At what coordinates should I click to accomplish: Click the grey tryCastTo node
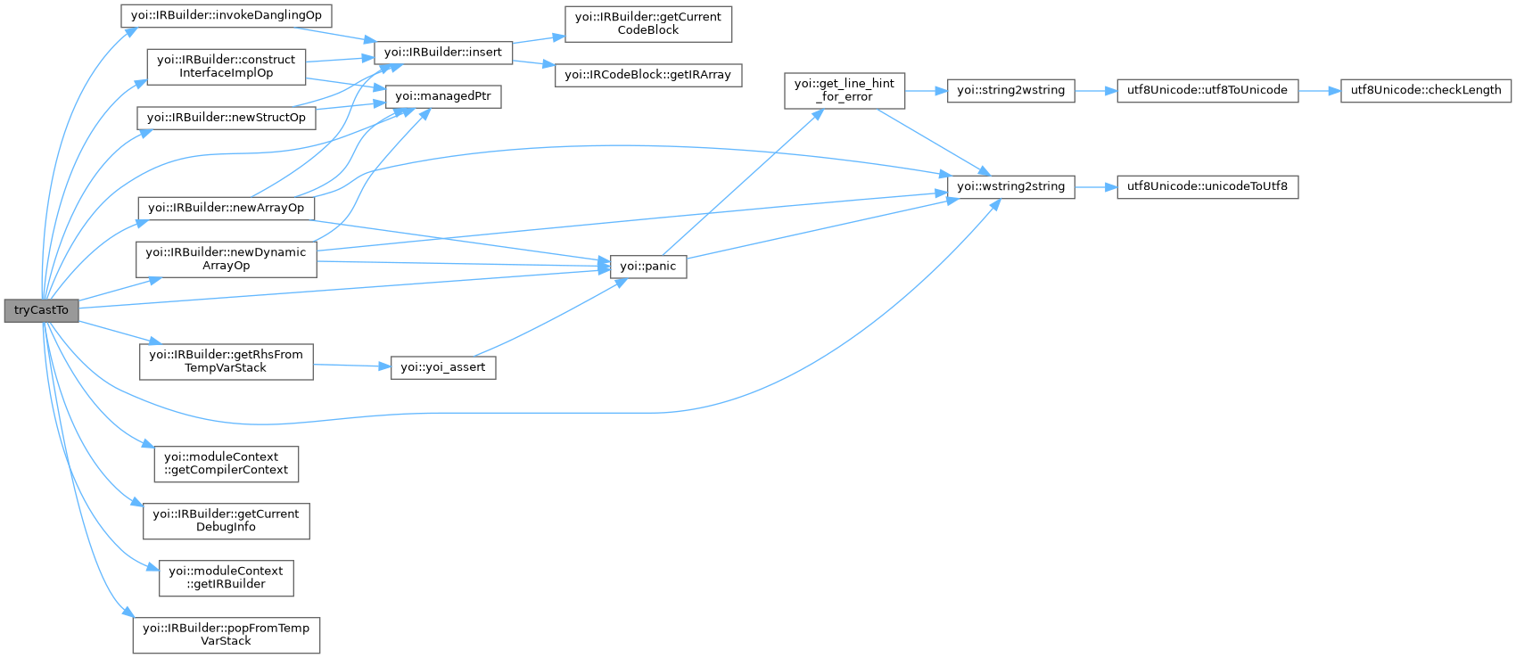tap(41, 310)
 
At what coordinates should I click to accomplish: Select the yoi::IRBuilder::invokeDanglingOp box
tap(226, 16)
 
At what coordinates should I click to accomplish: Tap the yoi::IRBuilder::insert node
tap(442, 52)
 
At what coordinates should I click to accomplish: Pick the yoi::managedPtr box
tap(442, 95)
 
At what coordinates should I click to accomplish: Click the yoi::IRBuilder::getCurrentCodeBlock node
tap(648, 23)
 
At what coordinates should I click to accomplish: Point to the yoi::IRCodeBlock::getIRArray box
tap(648, 74)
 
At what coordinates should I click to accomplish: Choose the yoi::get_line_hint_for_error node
tap(844, 90)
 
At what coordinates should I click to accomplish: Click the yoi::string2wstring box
tap(1010, 90)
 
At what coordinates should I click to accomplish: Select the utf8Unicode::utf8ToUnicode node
tap(1207, 90)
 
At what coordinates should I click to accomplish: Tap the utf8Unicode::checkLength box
tap(1425, 90)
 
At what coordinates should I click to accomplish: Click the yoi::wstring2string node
tap(1010, 186)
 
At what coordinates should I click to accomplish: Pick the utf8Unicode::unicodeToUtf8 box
tap(1207, 186)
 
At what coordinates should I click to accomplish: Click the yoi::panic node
tap(648, 266)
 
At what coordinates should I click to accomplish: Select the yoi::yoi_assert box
tap(443, 366)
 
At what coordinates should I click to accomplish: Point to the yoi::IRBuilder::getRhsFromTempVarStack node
tap(226, 361)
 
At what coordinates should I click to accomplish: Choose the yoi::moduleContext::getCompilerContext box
tap(226, 464)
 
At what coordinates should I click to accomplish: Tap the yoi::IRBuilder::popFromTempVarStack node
tap(226, 635)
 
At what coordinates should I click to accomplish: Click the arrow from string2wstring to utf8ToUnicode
tap(1095, 90)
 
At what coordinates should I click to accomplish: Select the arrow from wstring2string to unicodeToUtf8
tap(1095, 186)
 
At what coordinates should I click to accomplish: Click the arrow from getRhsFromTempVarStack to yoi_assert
tap(351, 366)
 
